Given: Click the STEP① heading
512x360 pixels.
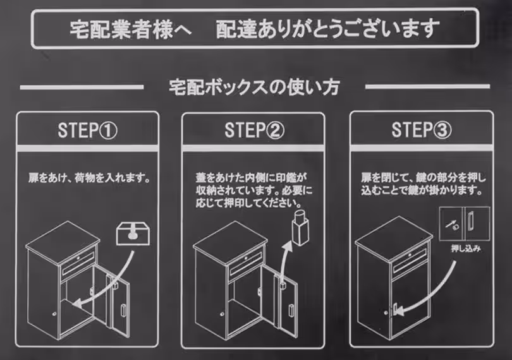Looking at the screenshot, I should coord(88,131).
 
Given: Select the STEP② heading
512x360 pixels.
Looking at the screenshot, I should coord(254,131).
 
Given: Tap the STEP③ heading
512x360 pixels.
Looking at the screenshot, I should coord(422,131).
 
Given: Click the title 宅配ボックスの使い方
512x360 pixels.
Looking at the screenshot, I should coord(254,87).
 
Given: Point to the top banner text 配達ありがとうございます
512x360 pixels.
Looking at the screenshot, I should coord(327,28).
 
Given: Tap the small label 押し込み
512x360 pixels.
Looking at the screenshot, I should coord(465,249).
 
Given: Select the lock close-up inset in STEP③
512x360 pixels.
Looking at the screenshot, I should coord(465,224).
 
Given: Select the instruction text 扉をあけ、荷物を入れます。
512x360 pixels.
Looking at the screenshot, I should coord(88,179).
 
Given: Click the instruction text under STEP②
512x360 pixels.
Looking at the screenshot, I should coord(253,191).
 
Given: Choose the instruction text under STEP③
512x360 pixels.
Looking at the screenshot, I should coord(422,184).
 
